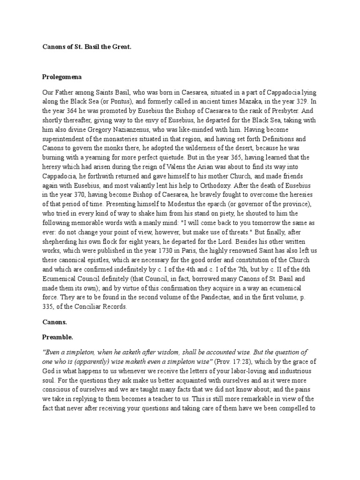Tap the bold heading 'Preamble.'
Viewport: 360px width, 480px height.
coord(58,337)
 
